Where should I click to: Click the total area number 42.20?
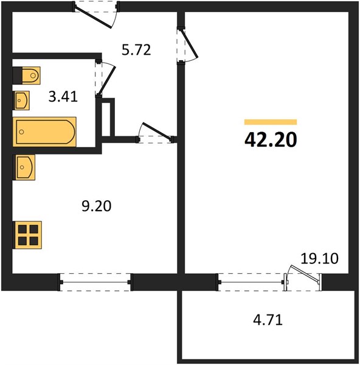click(271, 140)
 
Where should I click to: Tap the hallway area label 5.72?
click(136, 50)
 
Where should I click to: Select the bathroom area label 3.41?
click(63, 97)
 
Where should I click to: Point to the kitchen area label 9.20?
click(97, 206)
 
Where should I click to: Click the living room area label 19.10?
click(319, 259)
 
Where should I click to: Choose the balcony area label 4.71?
click(268, 319)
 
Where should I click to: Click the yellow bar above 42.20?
click(271, 122)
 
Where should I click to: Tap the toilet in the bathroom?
click(27, 75)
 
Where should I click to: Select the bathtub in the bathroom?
click(44, 132)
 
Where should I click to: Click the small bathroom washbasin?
click(21, 100)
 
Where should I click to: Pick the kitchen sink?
click(24, 167)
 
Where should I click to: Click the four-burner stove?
click(27, 235)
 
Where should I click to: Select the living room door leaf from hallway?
click(189, 43)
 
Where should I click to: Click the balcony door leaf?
click(305, 274)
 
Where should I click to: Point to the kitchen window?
click(95, 282)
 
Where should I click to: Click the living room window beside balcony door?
click(251, 282)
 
